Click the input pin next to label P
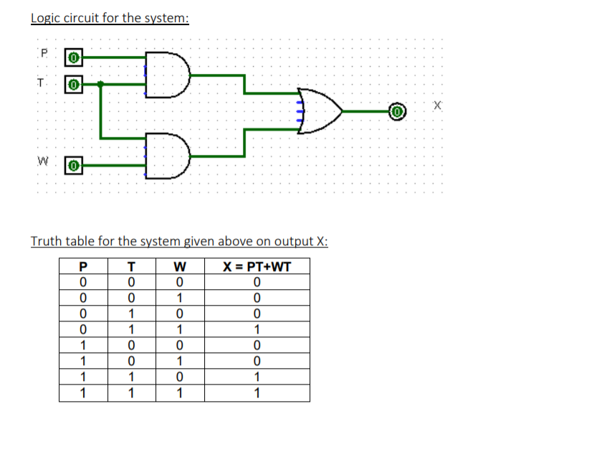coord(74,55)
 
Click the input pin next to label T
coord(74,84)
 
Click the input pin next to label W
coord(74,166)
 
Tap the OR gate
coord(320,111)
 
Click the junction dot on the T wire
coord(101,84)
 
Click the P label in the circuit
coord(44,52)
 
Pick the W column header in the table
coord(181,267)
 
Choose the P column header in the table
coord(83,267)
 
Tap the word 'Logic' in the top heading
coord(46,17)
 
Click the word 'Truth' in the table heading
coord(46,241)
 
